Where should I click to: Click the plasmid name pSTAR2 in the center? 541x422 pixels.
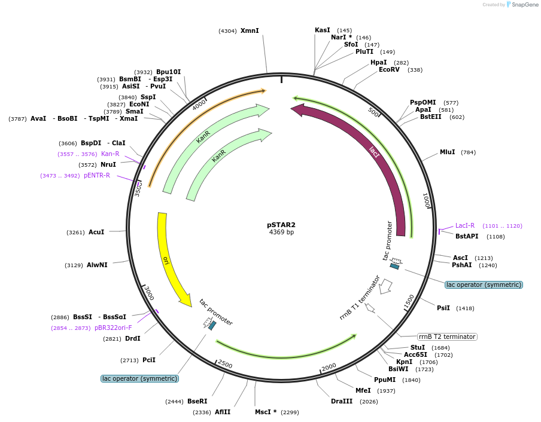click(281, 225)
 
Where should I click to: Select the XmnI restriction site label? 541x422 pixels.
click(250, 30)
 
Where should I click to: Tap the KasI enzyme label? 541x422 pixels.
click(323, 30)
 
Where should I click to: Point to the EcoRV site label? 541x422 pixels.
click(389, 70)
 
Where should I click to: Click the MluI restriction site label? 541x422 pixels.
click(448, 152)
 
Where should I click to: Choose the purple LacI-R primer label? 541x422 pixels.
click(465, 226)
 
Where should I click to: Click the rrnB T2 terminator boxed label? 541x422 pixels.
click(447, 337)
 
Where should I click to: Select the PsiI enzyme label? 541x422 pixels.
click(443, 308)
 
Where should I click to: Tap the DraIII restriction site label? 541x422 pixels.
click(342, 401)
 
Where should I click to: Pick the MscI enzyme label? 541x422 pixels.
click(266, 412)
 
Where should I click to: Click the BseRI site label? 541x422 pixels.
click(197, 401)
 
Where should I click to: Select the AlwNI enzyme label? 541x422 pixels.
click(97, 265)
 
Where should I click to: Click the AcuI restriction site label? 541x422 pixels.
click(96, 232)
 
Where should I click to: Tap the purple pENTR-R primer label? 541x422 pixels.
click(97, 175)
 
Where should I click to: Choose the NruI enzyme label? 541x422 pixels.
click(108, 164)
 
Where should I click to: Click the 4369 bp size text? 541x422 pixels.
click(281, 233)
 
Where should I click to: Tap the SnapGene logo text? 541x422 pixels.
click(525, 5)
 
